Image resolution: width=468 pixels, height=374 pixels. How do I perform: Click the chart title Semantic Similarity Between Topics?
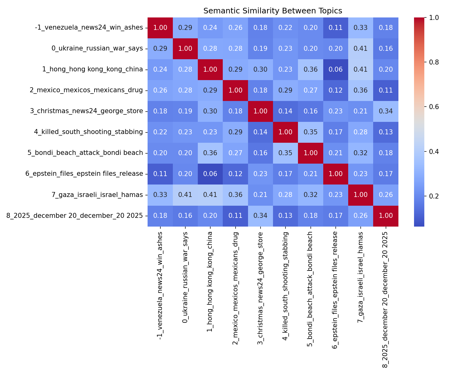point(273,11)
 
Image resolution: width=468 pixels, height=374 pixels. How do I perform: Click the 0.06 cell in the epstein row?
point(210,174)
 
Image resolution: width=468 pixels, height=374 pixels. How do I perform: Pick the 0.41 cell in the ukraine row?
point(360,48)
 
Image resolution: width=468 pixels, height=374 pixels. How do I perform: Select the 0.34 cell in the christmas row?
point(386,111)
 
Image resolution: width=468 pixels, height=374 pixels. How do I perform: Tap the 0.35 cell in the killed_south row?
point(310,132)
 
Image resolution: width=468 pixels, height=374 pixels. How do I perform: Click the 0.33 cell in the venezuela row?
point(360,27)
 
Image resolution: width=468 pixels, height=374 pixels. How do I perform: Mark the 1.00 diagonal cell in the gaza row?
point(360,194)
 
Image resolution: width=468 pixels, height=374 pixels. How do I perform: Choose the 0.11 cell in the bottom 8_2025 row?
point(235,215)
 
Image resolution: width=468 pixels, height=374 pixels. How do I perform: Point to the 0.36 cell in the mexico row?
point(360,90)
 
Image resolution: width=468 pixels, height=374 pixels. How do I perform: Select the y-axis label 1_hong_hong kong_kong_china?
point(92,69)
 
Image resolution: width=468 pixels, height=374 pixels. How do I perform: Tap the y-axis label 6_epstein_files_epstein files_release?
point(84,174)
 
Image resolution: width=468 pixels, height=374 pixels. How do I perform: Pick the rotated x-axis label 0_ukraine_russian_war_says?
point(185,277)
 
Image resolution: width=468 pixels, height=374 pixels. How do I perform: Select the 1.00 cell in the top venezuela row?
point(160,27)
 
